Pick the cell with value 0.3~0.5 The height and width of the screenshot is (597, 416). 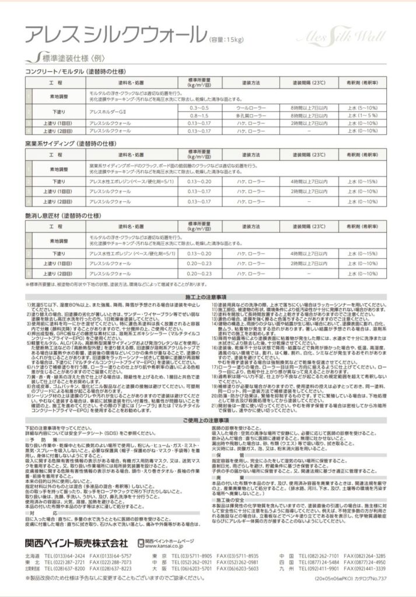click(198, 108)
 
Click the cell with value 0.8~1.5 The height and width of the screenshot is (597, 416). click(198, 116)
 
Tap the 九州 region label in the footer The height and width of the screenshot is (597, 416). click(286, 568)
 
